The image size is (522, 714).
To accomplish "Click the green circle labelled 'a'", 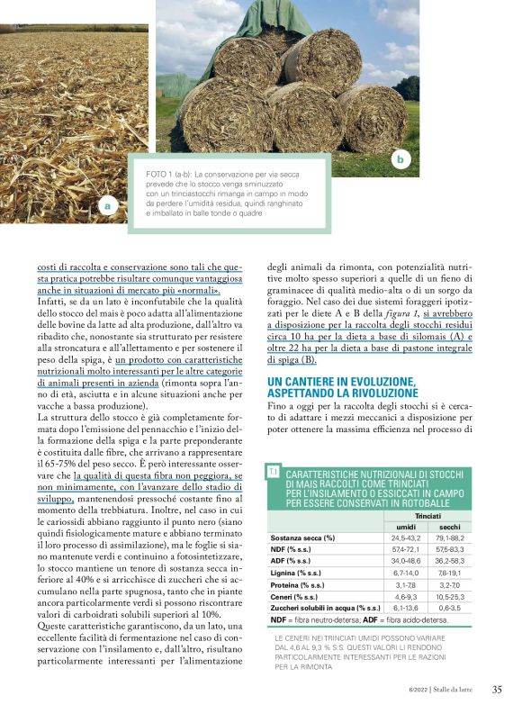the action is click(108, 206).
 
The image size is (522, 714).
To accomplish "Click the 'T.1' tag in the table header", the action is click(273, 472).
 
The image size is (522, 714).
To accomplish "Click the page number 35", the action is click(497, 691).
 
